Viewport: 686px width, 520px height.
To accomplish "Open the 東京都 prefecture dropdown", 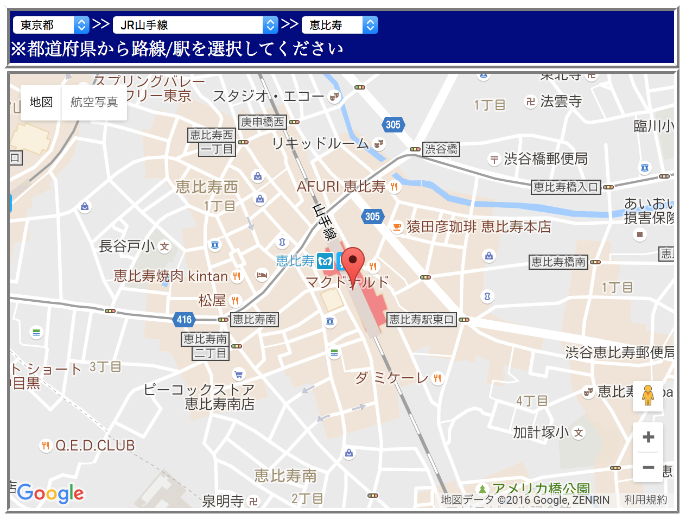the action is (50, 25).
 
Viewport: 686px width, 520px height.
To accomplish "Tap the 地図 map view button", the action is (41, 102).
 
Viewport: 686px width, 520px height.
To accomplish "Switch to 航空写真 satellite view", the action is (94, 102).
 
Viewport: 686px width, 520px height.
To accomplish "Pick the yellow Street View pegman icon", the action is (647, 395).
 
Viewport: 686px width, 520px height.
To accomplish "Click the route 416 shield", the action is (184, 320).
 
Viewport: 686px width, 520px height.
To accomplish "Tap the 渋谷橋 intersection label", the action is (441, 149).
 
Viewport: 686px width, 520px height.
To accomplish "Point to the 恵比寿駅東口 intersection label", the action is (421, 320).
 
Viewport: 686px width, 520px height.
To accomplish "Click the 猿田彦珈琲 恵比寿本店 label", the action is (479, 227).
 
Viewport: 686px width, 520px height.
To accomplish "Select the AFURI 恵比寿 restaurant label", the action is (341, 187).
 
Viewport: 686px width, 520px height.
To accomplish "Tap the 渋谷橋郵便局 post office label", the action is (545, 159).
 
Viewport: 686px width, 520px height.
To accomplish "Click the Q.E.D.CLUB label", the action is (95, 446).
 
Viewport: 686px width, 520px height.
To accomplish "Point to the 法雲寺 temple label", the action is (561, 102).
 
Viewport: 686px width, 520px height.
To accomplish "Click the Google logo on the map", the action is (51, 493).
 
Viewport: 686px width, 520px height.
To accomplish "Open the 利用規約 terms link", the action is (645, 500).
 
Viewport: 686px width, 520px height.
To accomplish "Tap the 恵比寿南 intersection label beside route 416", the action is (254, 320).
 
